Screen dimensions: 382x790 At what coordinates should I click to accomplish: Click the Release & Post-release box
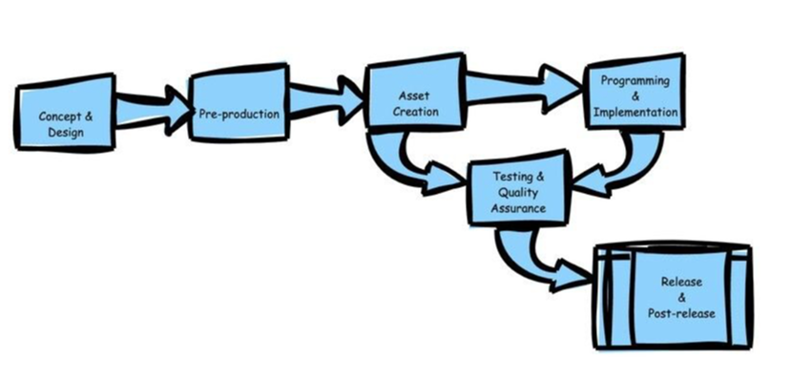pyautogui.click(x=674, y=298)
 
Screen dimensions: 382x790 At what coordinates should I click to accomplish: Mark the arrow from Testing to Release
pyautogui.click(x=534, y=263)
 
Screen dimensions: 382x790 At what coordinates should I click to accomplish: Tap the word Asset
pyautogui.click(x=416, y=95)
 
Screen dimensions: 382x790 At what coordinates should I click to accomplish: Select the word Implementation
pyautogui.click(x=635, y=112)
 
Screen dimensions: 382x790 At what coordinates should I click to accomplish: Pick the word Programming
pyautogui.click(x=634, y=82)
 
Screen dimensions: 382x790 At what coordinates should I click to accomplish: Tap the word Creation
pyautogui.click(x=416, y=111)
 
